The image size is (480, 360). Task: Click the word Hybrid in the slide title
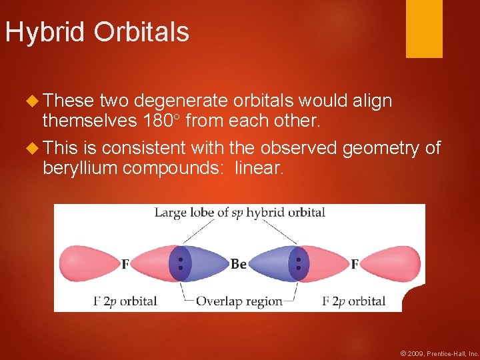point(46,33)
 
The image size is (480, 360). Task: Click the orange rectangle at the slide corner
point(424,29)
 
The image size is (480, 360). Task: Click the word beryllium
point(81,167)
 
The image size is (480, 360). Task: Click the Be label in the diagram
point(238,265)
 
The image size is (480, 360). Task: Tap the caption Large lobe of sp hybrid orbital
point(240,213)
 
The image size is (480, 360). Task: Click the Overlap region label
point(239,301)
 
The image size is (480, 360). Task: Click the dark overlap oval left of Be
point(180,264)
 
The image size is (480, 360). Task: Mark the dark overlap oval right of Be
point(298,264)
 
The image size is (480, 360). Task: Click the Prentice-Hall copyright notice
point(438,353)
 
